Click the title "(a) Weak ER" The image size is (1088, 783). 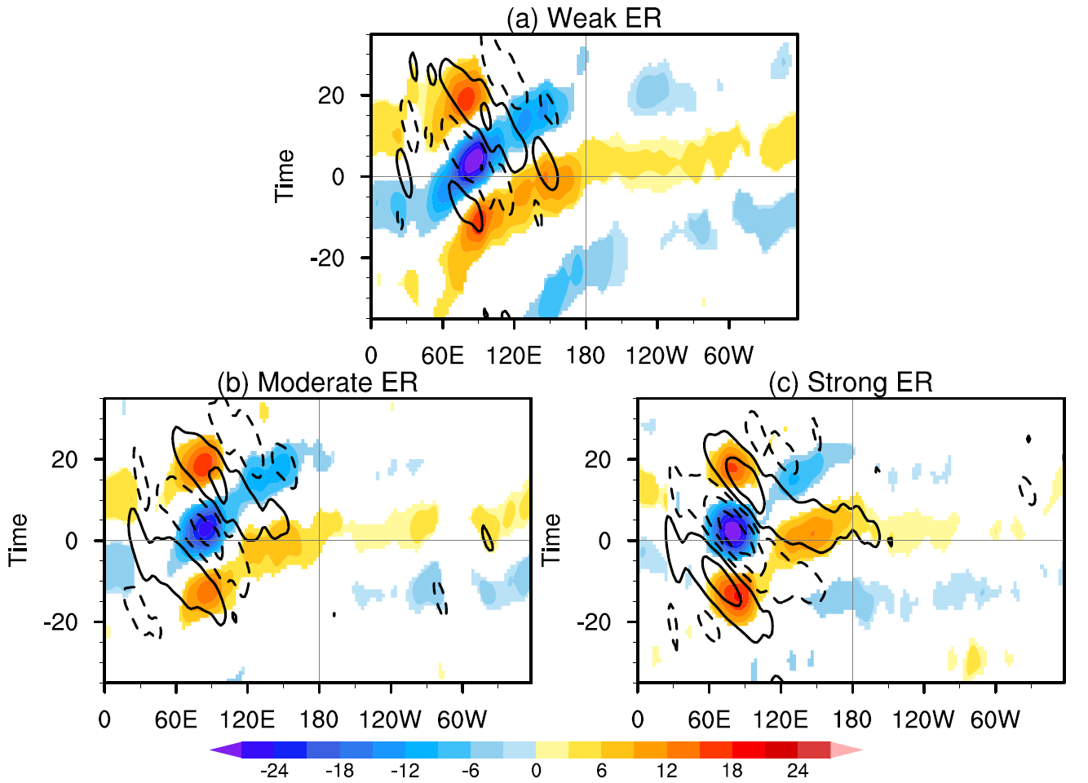pyautogui.click(x=583, y=18)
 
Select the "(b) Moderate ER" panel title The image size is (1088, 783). pyautogui.click(x=317, y=382)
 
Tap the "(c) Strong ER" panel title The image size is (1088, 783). pyautogui.click(x=850, y=382)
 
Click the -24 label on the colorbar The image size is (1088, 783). pyautogui.click(x=274, y=771)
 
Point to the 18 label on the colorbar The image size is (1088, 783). pyautogui.click(x=732, y=771)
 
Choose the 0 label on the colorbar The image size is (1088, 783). pyautogui.click(x=536, y=771)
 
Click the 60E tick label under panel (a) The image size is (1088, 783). pyautogui.click(x=443, y=356)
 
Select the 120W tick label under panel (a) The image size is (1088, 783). pyautogui.click(x=657, y=356)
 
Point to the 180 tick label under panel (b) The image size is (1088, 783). pyautogui.click(x=318, y=719)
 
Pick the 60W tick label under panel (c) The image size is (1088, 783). pyautogui.click(x=995, y=719)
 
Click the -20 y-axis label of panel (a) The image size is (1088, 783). pyautogui.click(x=328, y=259)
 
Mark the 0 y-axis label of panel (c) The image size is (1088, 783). pyautogui.click(x=604, y=541)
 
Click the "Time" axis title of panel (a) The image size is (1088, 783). pyautogui.click(x=284, y=176)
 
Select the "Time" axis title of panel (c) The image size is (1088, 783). pyautogui.click(x=551, y=540)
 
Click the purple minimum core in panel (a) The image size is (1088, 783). pyautogui.click(x=473, y=158)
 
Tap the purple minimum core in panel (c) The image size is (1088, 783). pyautogui.click(x=733, y=530)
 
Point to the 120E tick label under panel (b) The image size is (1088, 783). pyautogui.click(x=247, y=719)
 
